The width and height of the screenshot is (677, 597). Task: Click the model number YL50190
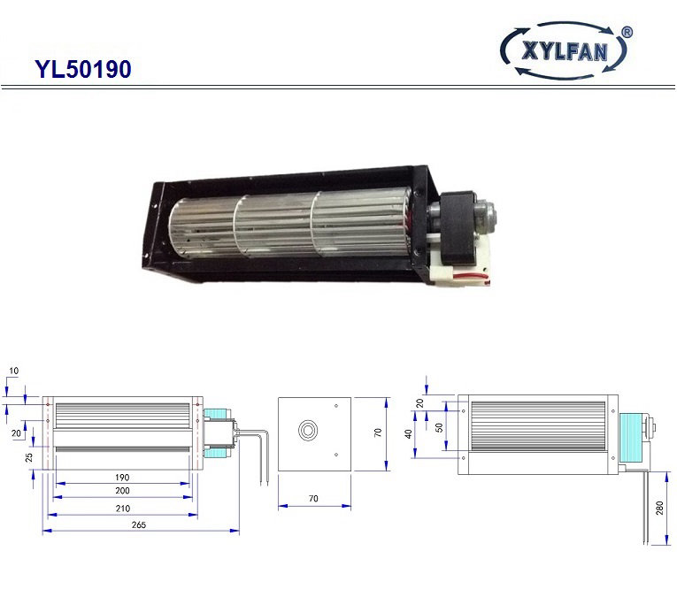coord(83,69)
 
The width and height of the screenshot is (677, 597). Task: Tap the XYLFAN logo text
coord(565,51)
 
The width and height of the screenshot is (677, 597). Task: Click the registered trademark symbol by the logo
coord(627,33)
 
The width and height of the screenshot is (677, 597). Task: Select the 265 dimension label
coord(139,524)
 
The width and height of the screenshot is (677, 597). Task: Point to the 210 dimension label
coord(123,509)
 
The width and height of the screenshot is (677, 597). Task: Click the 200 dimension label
coord(122,491)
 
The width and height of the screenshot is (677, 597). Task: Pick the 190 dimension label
coord(122,477)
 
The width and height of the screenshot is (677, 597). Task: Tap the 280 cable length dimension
coord(659,509)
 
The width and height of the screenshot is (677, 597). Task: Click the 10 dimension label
coord(14,371)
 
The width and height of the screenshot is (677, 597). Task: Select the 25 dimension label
coord(29,457)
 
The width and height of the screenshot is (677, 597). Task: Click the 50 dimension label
coord(439,427)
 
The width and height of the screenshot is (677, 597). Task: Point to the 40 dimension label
coord(408,434)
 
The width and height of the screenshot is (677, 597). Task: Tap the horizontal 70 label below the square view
coord(313,499)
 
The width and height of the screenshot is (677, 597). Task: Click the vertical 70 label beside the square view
coord(378,432)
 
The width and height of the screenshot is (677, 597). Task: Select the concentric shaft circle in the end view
coord(308,430)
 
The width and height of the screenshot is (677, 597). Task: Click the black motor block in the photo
coord(457,228)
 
